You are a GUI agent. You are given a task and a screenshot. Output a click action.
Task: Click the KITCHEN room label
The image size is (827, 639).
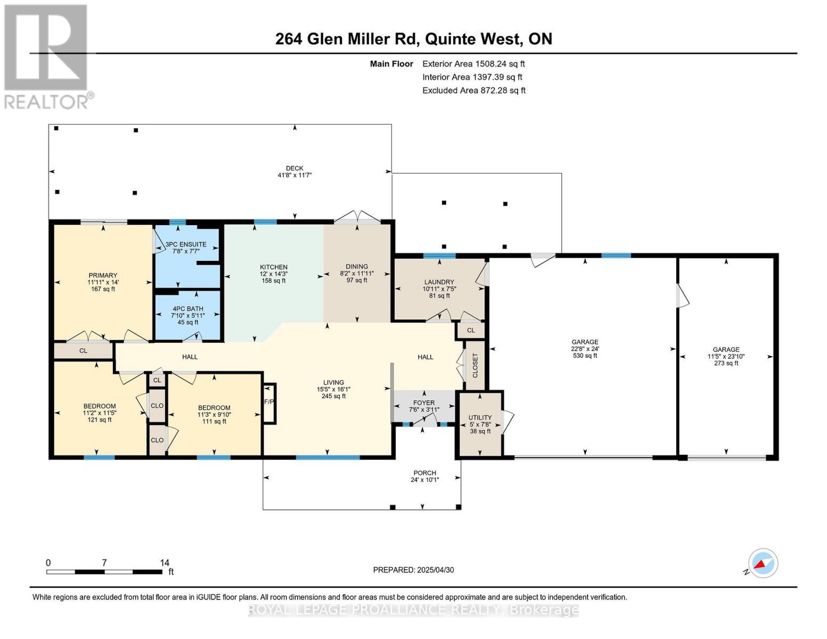(x=274, y=267)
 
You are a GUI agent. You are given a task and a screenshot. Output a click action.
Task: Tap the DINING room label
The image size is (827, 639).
(x=357, y=267)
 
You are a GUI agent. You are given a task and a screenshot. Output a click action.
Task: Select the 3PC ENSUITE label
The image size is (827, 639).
(x=186, y=244)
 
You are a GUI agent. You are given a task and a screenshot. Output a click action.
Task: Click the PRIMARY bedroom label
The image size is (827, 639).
(x=103, y=276)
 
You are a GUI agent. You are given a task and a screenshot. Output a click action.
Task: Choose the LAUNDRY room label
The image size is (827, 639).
(x=439, y=282)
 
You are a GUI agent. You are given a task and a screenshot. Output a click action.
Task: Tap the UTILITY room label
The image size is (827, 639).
(x=480, y=418)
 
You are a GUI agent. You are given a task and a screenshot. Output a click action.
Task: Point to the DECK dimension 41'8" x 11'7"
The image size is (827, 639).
(x=294, y=175)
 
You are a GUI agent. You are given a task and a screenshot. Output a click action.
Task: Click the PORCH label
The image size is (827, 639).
(x=425, y=473)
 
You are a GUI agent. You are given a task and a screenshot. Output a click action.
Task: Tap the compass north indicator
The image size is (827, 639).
(x=763, y=563)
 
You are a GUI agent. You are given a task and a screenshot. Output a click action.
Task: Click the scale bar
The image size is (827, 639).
(x=104, y=572)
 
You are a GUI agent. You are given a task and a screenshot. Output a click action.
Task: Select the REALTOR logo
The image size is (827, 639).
(x=47, y=56)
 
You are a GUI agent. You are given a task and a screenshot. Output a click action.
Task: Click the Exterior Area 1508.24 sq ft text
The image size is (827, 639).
(x=473, y=64)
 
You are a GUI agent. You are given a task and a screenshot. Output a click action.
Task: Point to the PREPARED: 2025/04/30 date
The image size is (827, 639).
(x=413, y=570)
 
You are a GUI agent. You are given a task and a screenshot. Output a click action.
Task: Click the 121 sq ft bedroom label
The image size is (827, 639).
(x=100, y=420)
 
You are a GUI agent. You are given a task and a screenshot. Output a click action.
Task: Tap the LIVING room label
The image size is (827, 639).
(x=334, y=382)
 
